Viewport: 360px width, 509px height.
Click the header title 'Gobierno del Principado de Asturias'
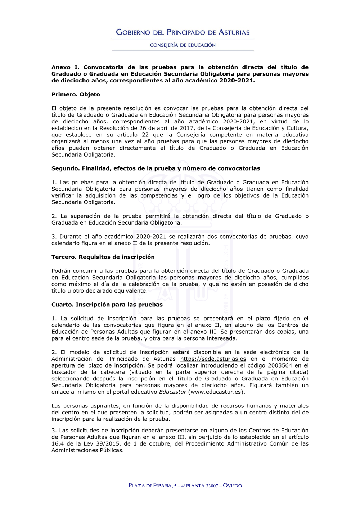click(183, 32)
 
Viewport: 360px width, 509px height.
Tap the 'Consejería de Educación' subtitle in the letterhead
click(183, 45)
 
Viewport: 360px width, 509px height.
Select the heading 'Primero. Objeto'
click(76, 95)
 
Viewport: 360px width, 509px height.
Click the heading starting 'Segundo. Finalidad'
click(156, 168)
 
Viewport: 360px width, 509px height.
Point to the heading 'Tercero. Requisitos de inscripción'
click(103, 257)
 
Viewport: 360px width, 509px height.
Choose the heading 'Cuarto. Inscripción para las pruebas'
click(107, 305)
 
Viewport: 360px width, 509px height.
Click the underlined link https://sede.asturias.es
click(213, 359)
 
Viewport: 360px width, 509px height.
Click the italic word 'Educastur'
click(173, 392)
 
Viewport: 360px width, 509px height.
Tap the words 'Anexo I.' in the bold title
click(65, 67)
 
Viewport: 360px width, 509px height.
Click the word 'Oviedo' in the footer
click(232, 486)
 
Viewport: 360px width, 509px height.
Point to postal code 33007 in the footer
click(212, 486)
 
